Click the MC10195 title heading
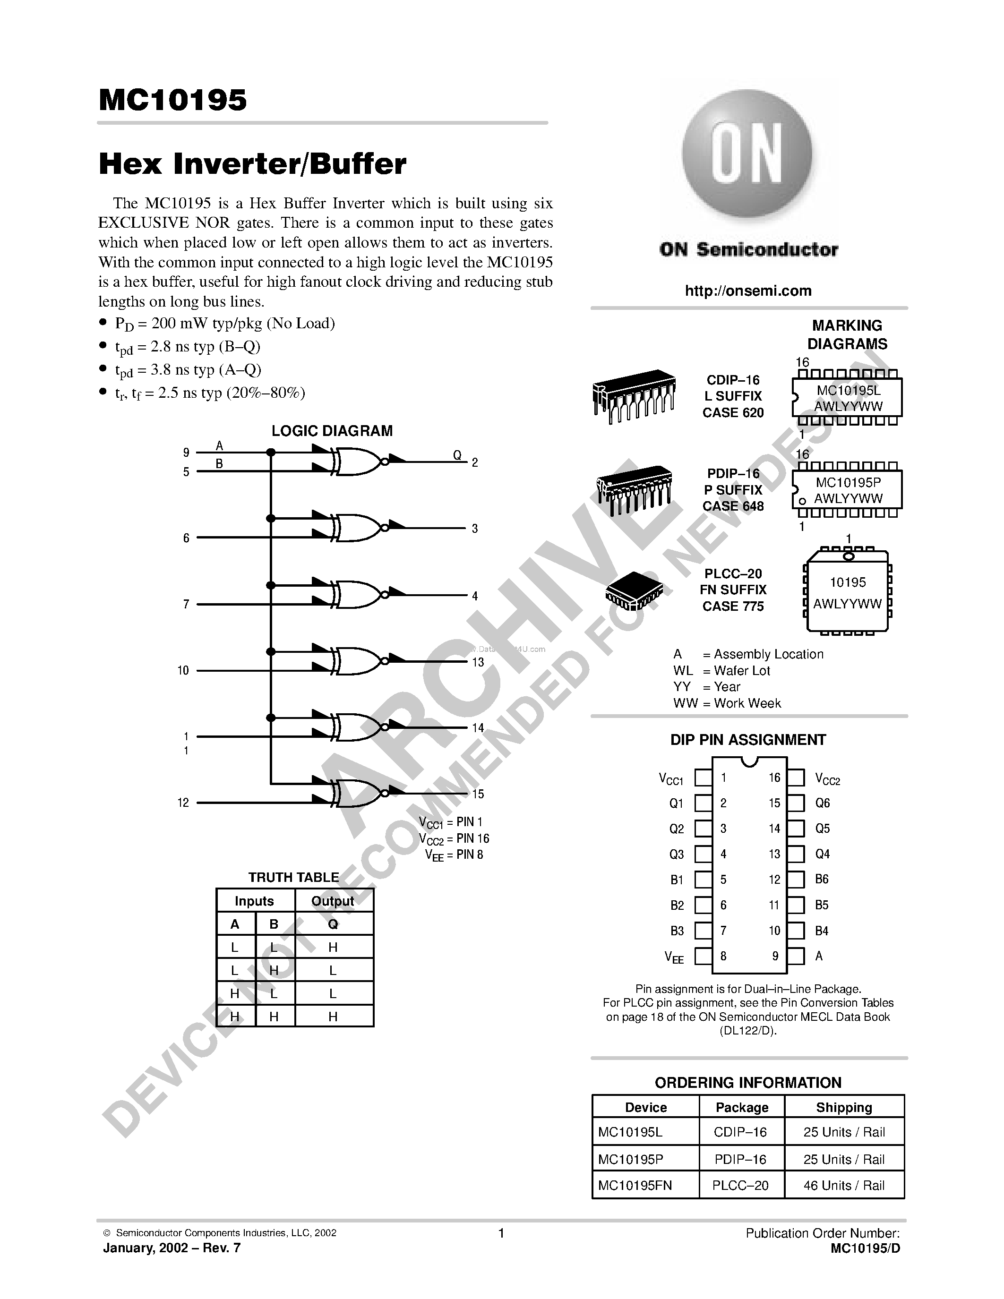[172, 100]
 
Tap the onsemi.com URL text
[747, 291]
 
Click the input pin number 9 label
[186, 453]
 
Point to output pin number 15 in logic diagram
[478, 794]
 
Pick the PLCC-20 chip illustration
[634, 590]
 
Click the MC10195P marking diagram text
[848, 483]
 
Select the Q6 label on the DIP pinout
[822, 803]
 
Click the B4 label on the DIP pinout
[822, 931]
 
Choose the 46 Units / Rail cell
[843, 1185]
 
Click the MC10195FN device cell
[635, 1185]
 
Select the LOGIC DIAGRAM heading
[332, 431]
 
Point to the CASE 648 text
[733, 506]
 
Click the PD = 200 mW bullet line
[225, 324]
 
